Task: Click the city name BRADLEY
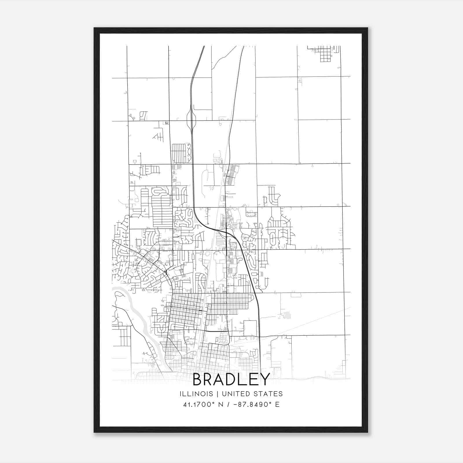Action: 231,379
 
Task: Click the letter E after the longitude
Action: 278,405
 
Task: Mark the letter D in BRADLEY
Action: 231,379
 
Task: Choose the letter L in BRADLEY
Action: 243,379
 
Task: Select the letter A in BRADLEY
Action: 219,379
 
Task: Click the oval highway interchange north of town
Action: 192,120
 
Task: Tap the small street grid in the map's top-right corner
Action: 325,54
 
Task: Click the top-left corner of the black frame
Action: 94,28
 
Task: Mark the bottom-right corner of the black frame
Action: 368,432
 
